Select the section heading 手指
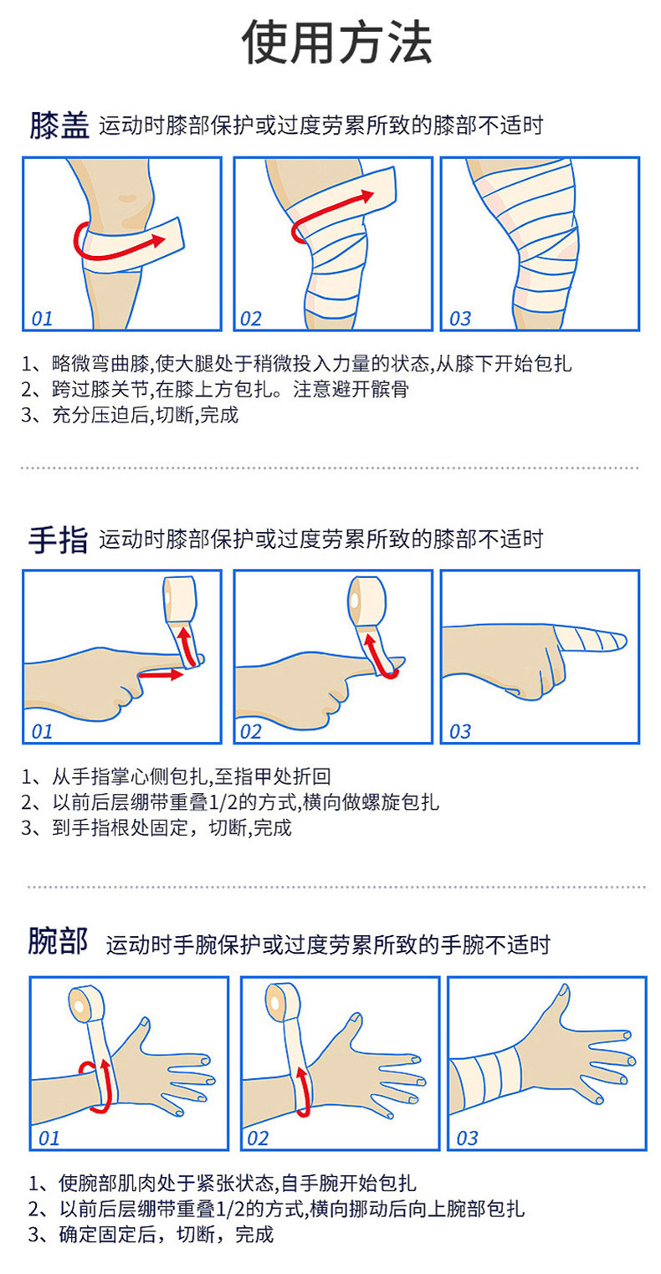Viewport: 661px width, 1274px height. pos(59,540)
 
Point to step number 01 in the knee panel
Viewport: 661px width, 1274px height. pos(42,319)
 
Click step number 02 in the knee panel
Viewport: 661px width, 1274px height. pos(250,319)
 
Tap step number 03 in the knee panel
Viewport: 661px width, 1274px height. pos(460,319)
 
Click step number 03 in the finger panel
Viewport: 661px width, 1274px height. pos(460,732)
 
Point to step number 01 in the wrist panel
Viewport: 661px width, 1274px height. pos(49,1138)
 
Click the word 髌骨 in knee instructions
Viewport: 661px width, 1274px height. pos(391,389)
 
